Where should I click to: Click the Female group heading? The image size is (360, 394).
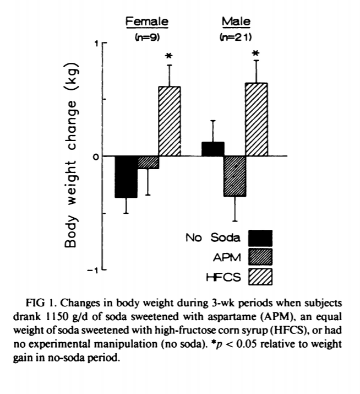coord(147,21)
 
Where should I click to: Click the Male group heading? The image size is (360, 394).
coord(236,21)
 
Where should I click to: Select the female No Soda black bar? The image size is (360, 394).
coord(126,176)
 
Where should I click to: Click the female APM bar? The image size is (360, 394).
coord(148,162)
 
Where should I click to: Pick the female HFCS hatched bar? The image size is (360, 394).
coord(170,121)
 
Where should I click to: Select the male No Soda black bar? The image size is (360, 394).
coord(213,149)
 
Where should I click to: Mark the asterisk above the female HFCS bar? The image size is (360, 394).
coord(170,56)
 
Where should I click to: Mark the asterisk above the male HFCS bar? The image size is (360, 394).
coord(256,54)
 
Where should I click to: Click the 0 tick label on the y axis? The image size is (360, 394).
coord(96,156)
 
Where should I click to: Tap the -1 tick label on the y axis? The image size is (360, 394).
coord(94,271)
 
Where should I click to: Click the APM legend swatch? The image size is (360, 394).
coord(260,257)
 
